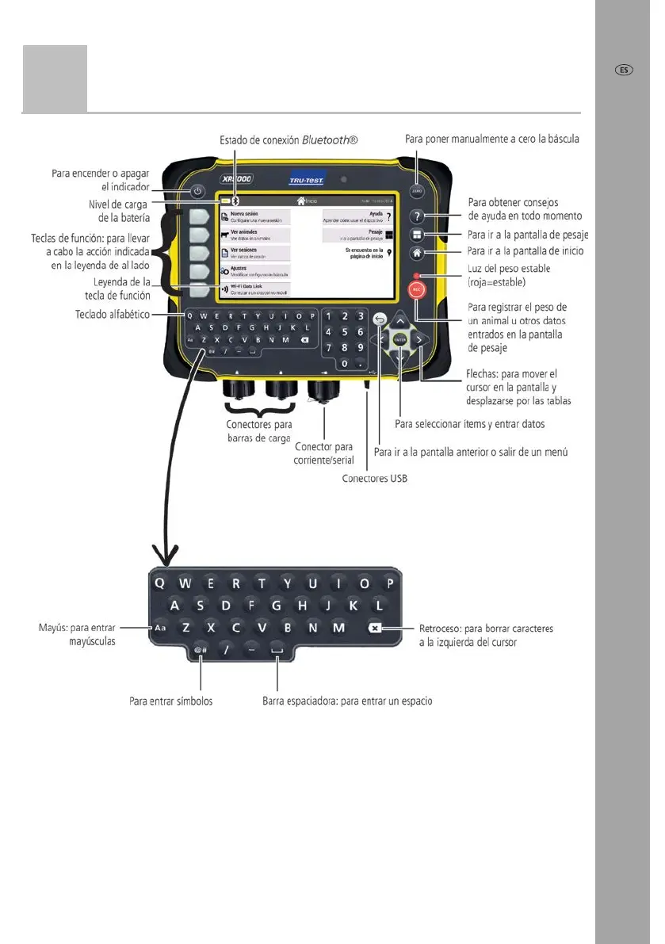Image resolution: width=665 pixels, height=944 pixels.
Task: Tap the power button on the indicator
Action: click(197, 191)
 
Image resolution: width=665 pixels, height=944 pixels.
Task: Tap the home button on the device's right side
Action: click(417, 253)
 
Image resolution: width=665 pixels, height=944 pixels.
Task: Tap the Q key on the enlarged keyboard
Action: click(160, 583)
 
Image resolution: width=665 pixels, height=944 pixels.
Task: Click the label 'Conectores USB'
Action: click(375, 479)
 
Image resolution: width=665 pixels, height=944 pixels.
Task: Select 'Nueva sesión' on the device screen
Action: click(254, 216)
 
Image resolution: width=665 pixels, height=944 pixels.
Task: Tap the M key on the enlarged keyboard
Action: click(338, 628)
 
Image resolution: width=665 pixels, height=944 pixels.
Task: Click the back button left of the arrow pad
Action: click(380, 319)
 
